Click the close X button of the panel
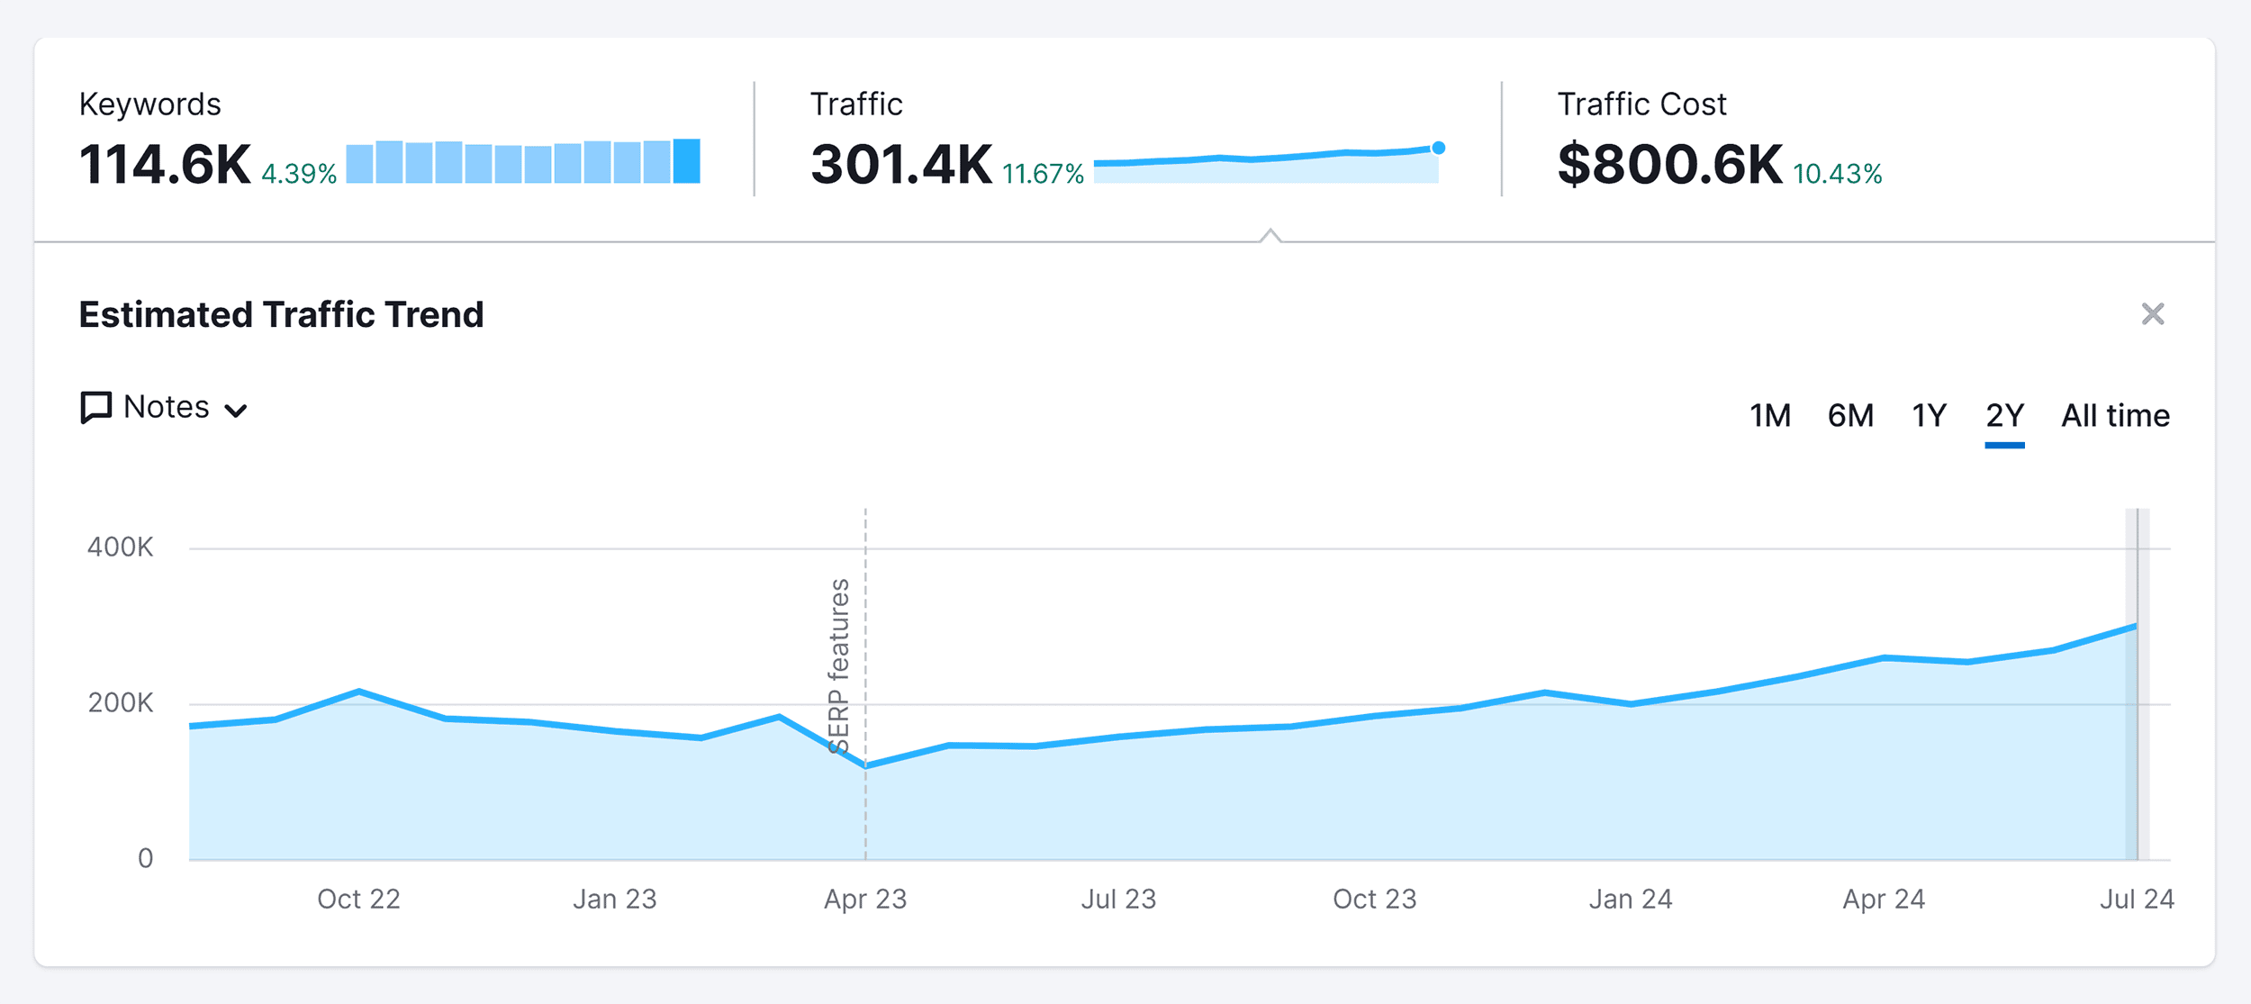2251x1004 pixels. [x=2152, y=314]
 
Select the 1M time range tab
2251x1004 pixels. [x=1769, y=416]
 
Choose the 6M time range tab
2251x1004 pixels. [x=1850, y=416]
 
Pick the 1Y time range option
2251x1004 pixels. [x=1929, y=416]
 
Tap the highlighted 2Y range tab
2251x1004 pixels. [x=2004, y=416]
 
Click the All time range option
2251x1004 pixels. [x=2115, y=416]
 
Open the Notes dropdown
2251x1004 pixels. [x=164, y=408]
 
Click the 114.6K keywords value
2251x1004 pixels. [x=165, y=165]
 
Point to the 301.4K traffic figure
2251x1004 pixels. [x=900, y=165]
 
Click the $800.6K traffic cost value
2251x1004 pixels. [x=1669, y=165]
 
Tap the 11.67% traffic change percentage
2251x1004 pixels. [x=1043, y=174]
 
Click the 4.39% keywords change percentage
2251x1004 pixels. [x=299, y=174]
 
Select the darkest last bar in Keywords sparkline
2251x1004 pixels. [x=686, y=161]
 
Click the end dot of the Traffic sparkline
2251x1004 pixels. [x=1438, y=148]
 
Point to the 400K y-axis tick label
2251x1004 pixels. [x=120, y=547]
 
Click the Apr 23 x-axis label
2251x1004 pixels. [x=865, y=899]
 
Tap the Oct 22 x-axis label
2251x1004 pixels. [x=358, y=899]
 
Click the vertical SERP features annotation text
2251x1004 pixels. [x=838, y=666]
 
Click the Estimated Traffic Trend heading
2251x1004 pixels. [x=281, y=315]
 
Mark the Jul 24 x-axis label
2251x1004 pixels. [x=2136, y=899]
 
